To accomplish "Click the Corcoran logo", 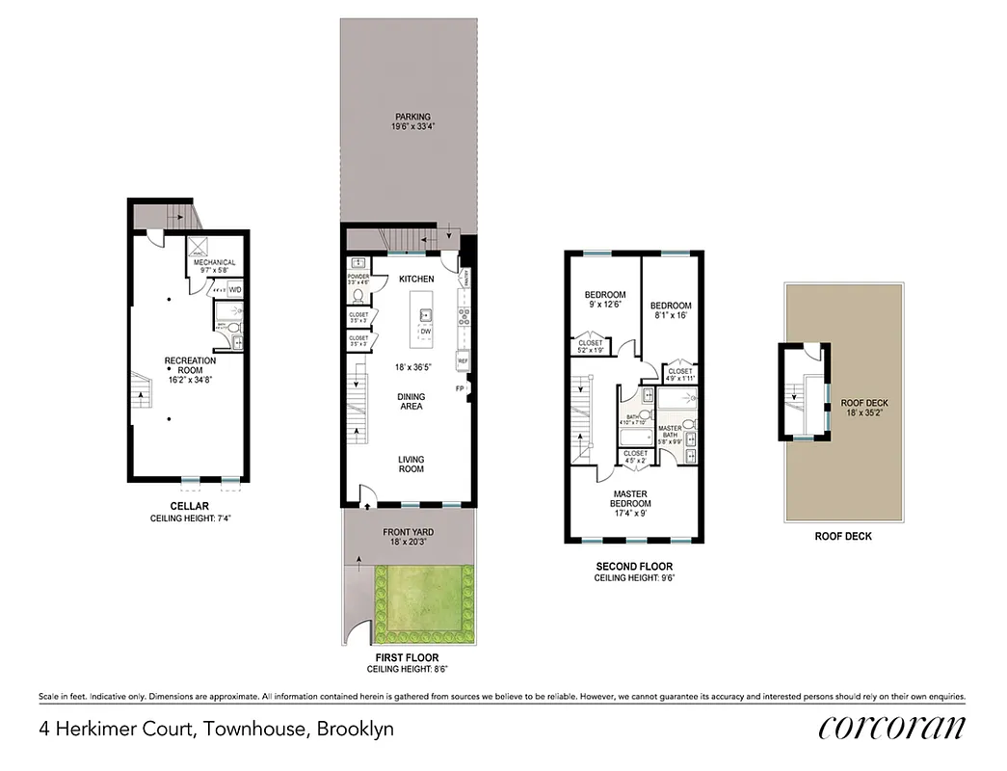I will coord(892,729).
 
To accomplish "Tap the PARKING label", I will coord(411,117).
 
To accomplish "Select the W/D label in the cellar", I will coord(235,289).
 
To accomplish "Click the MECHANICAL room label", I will coord(214,262).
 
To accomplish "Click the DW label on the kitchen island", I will coord(424,332).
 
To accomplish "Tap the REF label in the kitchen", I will coord(463,361).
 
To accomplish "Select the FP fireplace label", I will coord(460,389).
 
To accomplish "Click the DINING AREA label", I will coord(411,402).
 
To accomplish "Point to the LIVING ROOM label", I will coord(411,465).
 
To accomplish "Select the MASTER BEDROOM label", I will coord(631,498).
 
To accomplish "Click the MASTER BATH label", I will coord(670,433).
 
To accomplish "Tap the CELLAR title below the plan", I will coord(190,507).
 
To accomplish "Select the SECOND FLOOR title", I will coord(633,567).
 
